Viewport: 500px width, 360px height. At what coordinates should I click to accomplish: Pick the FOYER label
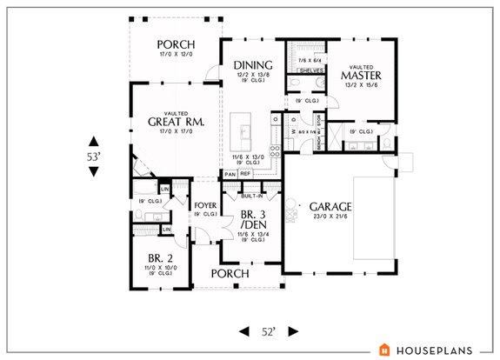205,206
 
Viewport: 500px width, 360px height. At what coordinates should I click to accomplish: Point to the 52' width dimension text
268,332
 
